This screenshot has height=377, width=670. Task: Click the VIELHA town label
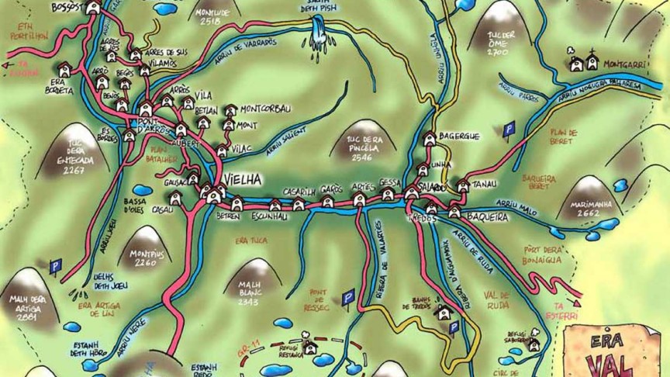point(243,180)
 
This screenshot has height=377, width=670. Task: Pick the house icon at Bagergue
point(430,139)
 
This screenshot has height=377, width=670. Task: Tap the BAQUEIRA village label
point(488,217)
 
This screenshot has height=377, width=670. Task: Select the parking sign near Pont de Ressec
point(348,296)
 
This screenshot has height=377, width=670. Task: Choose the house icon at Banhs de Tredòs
point(444,313)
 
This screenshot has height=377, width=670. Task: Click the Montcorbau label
point(264,109)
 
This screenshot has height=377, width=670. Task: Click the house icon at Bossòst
point(93,8)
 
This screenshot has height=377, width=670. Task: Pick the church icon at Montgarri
point(592,62)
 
